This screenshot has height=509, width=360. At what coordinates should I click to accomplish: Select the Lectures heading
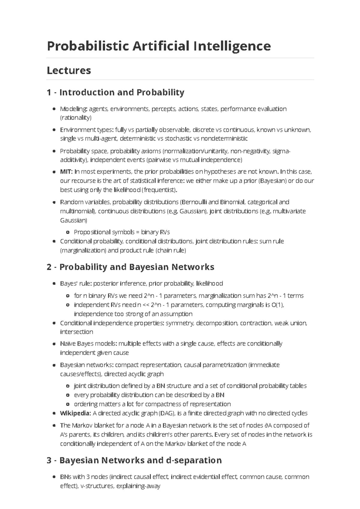click(69, 70)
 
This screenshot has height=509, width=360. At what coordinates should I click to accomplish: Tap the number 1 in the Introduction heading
click(49, 92)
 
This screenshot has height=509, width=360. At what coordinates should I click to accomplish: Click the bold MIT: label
click(66, 172)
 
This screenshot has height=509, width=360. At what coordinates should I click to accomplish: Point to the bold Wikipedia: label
click(75, 413)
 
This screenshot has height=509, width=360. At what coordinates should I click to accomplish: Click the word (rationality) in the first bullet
click(76, 118)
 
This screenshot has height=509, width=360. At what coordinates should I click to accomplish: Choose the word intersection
click(76, 332)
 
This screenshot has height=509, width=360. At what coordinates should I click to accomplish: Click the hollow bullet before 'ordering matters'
click(68, 404)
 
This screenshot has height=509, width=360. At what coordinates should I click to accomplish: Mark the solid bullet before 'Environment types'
click(54, 130)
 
